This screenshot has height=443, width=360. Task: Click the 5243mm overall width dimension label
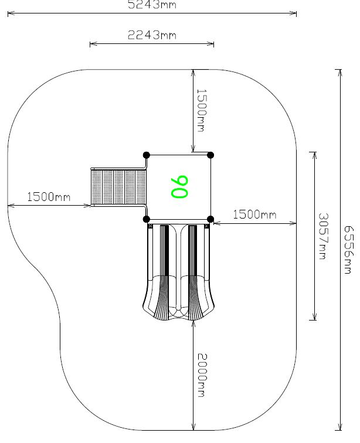point(152,5)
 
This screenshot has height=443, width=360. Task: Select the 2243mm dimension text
point(152,35)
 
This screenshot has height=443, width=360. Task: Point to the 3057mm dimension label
point(323,236)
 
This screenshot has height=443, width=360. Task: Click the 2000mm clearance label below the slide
point(202,375)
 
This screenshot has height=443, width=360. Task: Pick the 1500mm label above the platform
point(201,111)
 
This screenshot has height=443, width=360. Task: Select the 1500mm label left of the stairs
point(49,197)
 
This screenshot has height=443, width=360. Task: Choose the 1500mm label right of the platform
point(254,214)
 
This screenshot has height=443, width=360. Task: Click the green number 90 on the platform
point(179,187)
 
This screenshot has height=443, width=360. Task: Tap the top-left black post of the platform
point(147,155)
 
